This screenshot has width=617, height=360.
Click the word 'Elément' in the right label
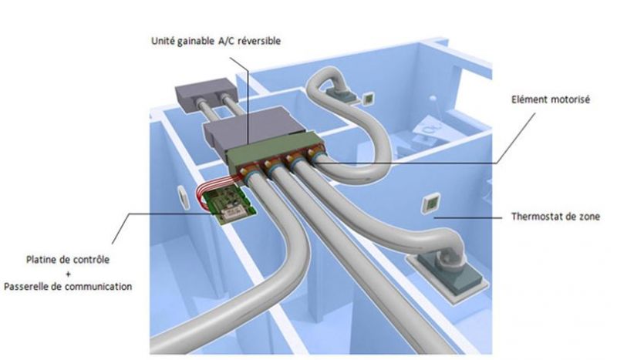coord(528,99)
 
